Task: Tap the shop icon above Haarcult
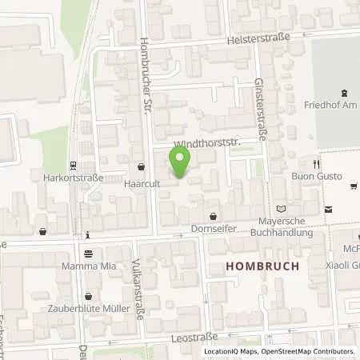click(142, 168)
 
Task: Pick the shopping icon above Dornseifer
click(213, 216)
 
